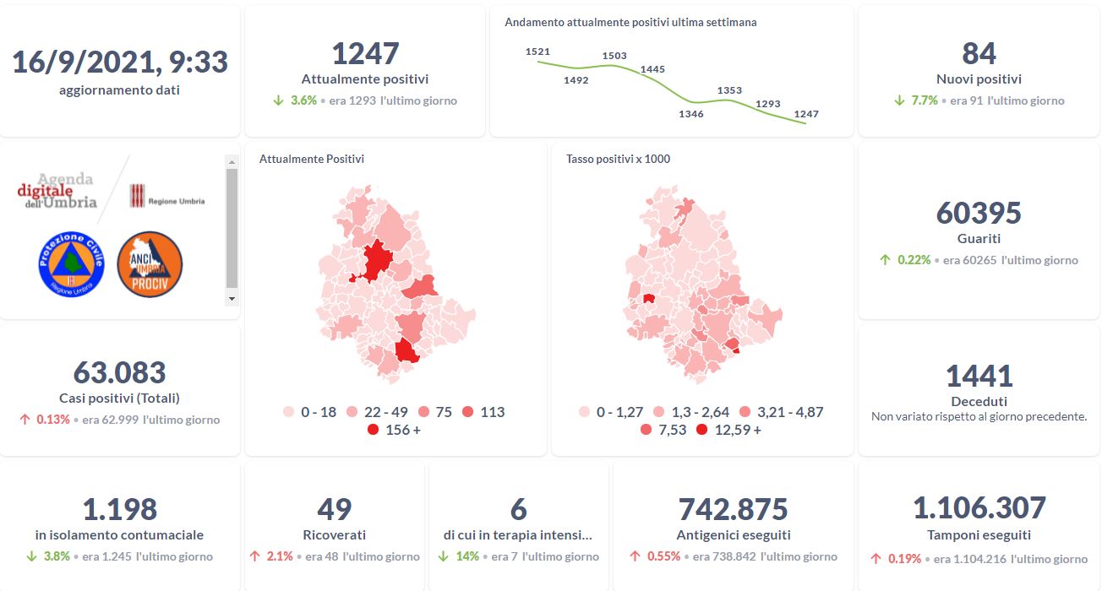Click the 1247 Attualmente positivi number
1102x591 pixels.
tap(365, 53)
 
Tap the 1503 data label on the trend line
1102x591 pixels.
tap(614, 57)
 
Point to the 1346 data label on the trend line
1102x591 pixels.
tap(691, 114)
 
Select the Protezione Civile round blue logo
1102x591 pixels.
tap(71, 263)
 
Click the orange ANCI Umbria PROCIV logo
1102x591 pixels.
tap(150, 263)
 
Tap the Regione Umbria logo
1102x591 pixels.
tap(167, 197)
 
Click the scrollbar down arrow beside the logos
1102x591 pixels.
tap(232, 299)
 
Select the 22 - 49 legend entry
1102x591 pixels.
tap(378, 412)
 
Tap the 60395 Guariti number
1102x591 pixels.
tap(979, 213)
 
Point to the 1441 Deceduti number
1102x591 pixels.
tap(979, 376)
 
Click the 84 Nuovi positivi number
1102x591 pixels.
tap(979, 53)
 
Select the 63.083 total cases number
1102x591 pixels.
tap(119, 372)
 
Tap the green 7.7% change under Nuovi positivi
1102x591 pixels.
tap(925, 100)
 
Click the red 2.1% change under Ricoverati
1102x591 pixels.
tap(279, 556)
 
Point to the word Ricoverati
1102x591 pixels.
tap(335, 534)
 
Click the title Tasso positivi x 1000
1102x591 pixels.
tap(618, 159)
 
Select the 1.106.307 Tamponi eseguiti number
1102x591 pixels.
tap(979, 508)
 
